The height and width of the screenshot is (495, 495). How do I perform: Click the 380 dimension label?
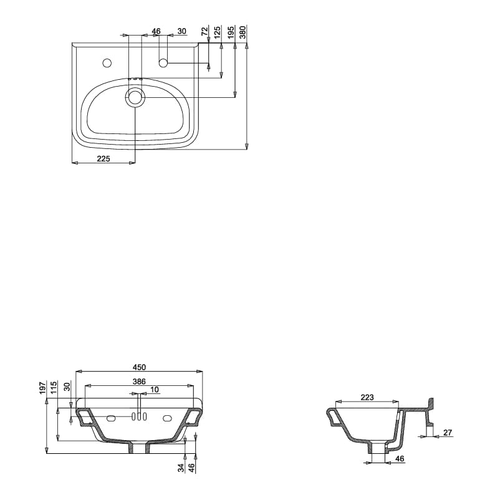click(243, 32)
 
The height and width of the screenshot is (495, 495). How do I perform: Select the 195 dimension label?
click(231, 32)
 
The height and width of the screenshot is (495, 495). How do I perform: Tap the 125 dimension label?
click(218, 32)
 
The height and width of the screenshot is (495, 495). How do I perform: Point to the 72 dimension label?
click(204, 31)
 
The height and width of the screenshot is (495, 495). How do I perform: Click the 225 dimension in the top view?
click(103, 158)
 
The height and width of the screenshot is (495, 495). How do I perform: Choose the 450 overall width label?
click(139, 367)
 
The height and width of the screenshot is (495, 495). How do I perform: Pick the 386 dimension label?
click(139, 382)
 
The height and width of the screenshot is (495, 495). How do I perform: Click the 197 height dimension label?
click(42, 388)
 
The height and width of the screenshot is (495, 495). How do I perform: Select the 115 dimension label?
click(54, 388)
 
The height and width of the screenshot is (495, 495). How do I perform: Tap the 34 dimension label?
click(181, 468)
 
